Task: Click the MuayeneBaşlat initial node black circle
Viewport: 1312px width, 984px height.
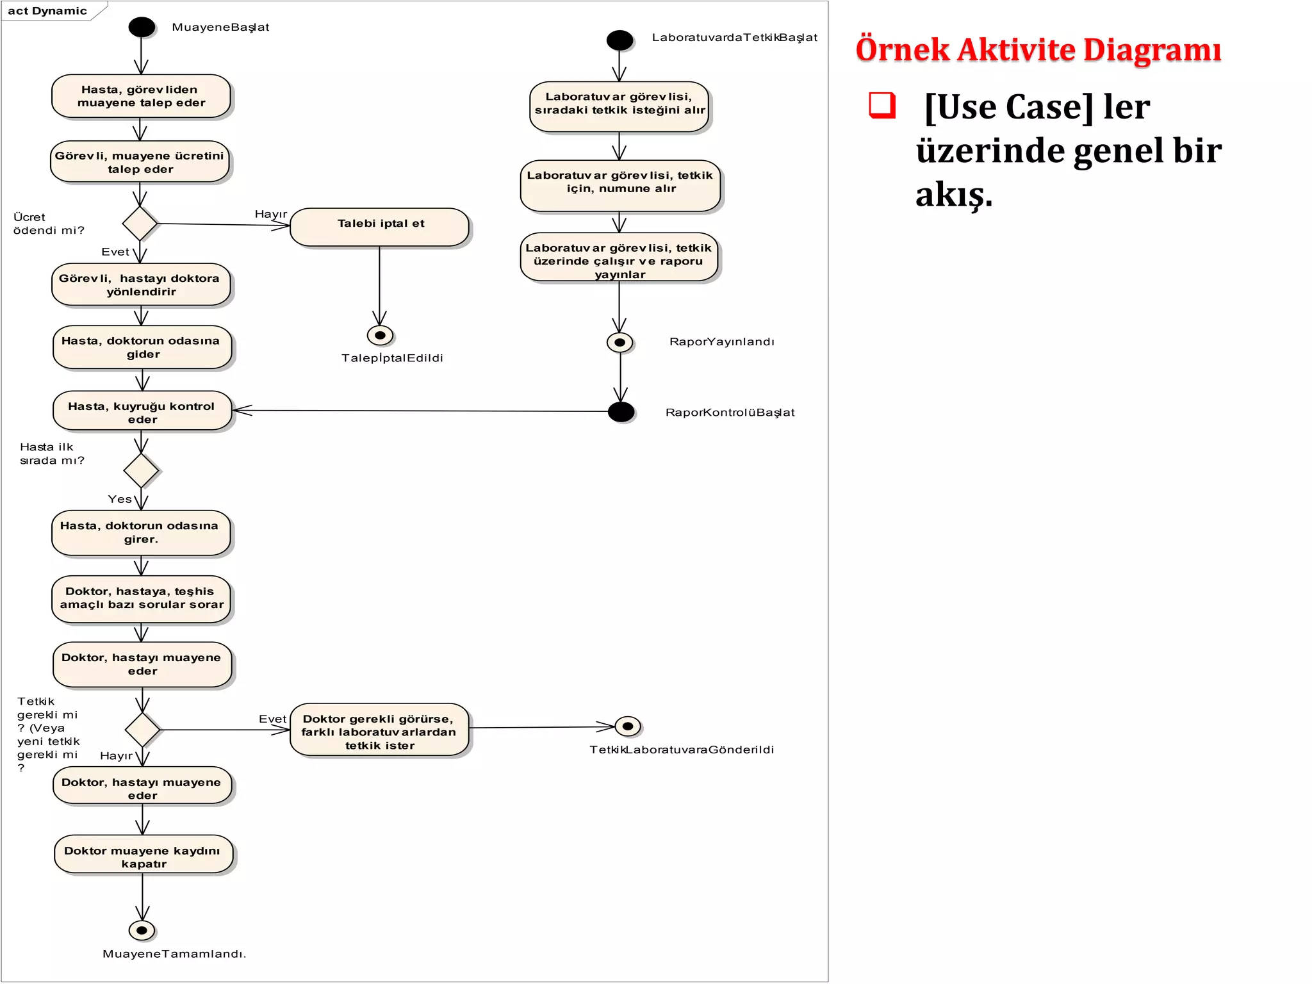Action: [142, 27]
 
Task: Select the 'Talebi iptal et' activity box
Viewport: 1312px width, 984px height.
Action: [380, 227]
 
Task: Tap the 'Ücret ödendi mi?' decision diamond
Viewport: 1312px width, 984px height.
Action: [140, 224]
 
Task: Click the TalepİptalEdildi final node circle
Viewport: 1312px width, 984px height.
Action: [380, 335]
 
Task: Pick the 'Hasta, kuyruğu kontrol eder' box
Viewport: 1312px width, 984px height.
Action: [142, 411]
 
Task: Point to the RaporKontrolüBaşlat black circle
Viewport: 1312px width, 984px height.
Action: [621, 412]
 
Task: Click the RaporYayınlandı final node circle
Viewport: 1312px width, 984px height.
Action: [619, 342]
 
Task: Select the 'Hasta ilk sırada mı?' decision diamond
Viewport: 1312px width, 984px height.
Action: [141, 471]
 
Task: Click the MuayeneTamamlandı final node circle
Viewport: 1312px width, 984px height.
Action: [142, 930]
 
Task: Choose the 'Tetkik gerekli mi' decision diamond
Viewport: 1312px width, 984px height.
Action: [142, 730]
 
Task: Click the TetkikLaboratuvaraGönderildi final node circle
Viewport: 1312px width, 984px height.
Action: [628, 726]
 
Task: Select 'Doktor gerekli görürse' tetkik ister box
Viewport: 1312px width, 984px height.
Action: [379, 730]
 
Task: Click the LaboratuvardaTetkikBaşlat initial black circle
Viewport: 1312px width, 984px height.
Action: [619, 40]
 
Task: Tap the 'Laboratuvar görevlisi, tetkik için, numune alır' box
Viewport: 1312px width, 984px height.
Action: [619, 186]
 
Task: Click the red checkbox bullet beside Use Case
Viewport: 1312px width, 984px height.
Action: [881, 105]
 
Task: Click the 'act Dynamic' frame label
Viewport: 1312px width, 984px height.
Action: [47, 11]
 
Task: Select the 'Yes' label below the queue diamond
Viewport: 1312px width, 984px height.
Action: [120, 499]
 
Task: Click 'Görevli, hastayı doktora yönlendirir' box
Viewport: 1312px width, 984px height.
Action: [141, 284]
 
